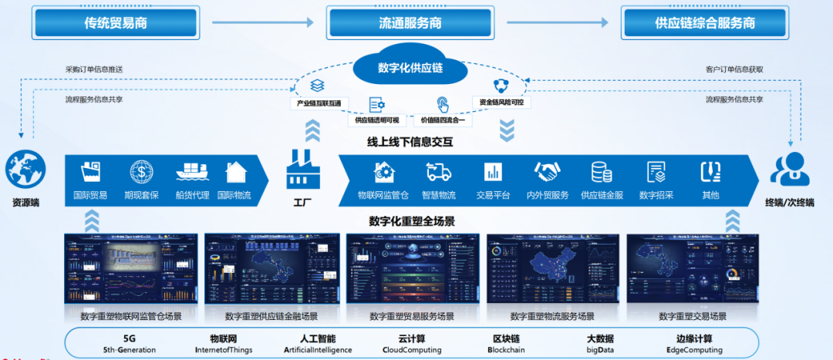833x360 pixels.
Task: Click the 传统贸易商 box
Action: pos(116,22)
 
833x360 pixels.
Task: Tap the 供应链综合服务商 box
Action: pos(705,22)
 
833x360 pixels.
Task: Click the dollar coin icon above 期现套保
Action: pos(142,171)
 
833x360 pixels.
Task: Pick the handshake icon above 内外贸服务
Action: pos(548,171)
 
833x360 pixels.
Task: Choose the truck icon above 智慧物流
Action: pos(438,171)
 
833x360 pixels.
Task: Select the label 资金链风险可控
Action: pos(501,103)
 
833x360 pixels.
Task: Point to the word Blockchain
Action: pos(507,350)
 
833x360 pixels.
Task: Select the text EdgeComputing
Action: pos(695,350)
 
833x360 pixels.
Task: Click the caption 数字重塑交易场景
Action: pos(693,316)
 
